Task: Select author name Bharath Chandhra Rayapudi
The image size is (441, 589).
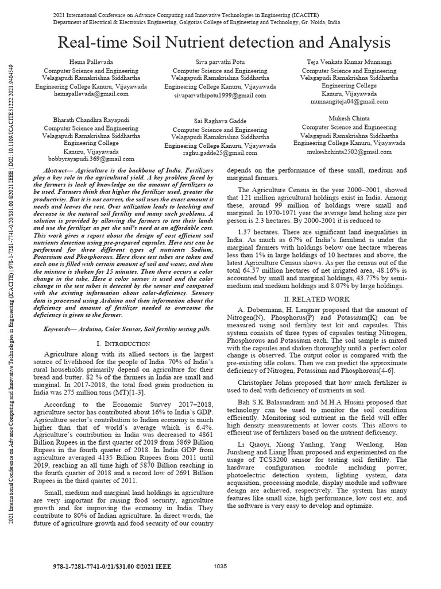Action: (89, 121)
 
